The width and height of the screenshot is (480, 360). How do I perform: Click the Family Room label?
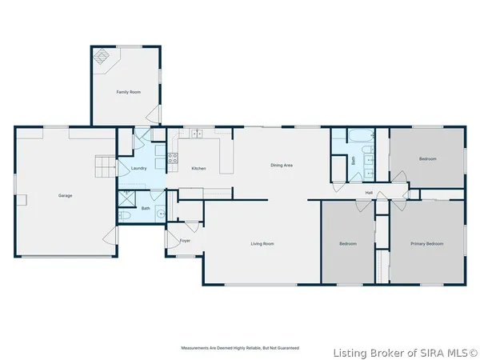coord(128,92)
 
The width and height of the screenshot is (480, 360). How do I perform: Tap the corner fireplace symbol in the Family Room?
coord(101,57)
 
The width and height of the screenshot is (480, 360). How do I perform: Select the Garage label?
coord(65,195)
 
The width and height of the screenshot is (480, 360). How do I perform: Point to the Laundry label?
coord(138,168)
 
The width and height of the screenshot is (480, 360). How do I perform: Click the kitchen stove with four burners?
coord(172,157)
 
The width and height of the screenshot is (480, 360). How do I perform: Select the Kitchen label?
coord(198,168)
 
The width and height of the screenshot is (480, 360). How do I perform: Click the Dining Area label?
coord(281,165)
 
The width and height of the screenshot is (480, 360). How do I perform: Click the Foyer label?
coord(185,240)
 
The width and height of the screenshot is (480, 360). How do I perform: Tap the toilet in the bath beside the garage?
coord(125,215)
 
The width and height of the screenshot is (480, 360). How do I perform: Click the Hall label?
coord(369,193)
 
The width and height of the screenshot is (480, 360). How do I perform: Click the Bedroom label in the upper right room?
coord(427,158)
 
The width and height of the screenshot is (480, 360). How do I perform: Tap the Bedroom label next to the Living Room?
coord(347,243)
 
